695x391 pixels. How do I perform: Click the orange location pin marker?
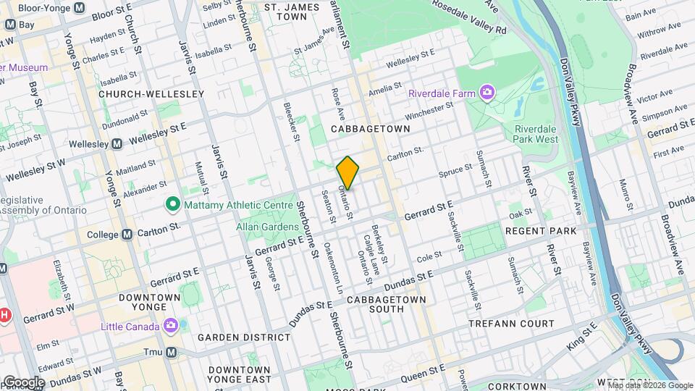348,172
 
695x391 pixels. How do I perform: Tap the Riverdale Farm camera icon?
487,93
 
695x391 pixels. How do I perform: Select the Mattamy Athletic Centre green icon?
172,205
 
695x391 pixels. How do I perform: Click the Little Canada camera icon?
170,326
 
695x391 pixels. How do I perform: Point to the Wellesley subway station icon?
117,143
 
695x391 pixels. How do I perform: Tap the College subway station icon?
127,235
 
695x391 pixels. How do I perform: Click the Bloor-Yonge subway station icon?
80,8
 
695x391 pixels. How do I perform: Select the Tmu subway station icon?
171,353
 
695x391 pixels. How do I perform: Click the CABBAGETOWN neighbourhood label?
370,128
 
